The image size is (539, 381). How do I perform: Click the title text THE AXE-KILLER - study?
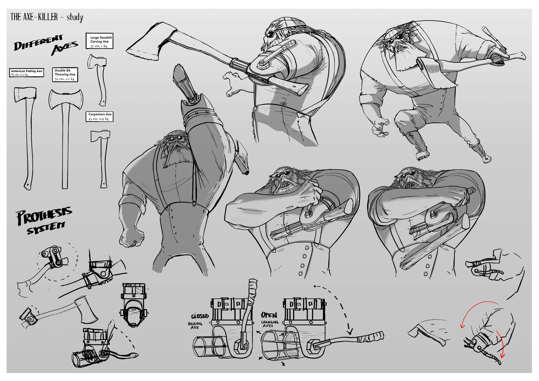click(47, 17)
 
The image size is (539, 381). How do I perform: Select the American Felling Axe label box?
click(27, 73)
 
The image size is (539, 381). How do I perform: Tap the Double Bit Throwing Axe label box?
click(65, 75)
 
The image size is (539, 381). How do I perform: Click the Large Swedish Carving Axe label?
click(99, 41)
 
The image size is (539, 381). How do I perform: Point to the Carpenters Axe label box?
click(100, 116)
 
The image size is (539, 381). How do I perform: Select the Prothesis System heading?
click(44, 220)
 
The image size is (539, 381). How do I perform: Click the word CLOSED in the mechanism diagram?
click(200, 316)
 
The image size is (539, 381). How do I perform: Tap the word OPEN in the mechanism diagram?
click(269, 315)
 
